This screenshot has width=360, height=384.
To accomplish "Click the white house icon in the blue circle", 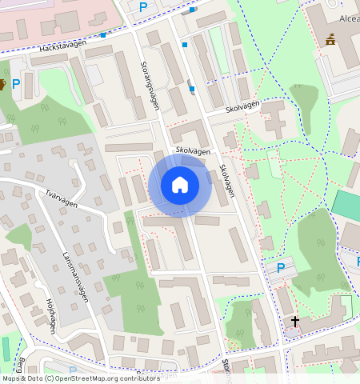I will click(180, 185).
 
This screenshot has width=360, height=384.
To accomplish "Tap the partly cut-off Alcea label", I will click(349, 18).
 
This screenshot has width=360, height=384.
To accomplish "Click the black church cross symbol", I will click(295, 322).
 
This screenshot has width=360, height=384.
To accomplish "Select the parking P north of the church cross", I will click(280, 268).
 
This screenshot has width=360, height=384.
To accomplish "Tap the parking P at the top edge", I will click(143, 7).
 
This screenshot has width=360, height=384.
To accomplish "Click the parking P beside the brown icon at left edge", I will click(16, 83).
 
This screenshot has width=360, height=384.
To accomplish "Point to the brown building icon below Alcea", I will click(330, 39).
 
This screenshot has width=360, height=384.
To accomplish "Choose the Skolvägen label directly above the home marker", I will click(193, 150).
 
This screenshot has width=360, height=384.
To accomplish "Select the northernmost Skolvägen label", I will click(242, 106).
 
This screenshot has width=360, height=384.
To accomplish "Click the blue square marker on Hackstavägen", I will click(103, 35).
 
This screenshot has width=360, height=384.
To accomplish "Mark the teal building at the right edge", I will click(346, 206).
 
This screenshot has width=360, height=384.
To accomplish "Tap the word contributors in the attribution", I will click(138, 378).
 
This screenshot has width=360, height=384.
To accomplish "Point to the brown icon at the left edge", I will click(2, 83).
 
